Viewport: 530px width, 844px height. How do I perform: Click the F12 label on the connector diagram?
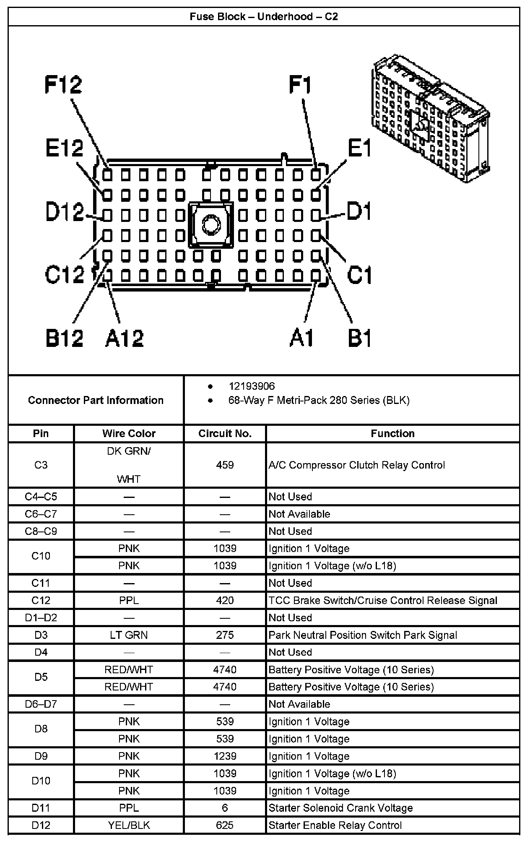tap(63, 85)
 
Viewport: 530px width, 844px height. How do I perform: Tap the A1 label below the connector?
tap(301, 338)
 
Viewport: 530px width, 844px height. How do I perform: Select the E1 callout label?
tap(359, 148)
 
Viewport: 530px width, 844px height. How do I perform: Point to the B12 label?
tap(64, 338)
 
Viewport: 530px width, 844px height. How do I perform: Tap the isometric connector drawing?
tap(430, 120)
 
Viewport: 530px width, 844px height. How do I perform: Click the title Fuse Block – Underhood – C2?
tap(264, 17)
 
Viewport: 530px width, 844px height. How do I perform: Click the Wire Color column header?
tap(129, 433)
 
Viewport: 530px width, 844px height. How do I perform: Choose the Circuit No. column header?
tap(225, 433)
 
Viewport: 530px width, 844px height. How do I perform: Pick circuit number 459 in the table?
tap(225, 465)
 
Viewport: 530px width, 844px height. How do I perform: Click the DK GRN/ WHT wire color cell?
tap(129, 465)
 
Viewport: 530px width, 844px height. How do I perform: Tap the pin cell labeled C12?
tap(41, 600)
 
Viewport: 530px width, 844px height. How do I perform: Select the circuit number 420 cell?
tap(225, 600)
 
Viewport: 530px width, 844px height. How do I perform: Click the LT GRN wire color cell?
tap(129, 635)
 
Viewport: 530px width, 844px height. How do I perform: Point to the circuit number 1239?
tap(225, 756)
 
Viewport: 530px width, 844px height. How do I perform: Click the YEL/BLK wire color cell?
tap(129, 825)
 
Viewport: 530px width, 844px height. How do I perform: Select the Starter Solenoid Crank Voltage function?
tap(340, 808)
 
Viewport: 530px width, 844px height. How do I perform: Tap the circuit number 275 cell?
tap(225, 635)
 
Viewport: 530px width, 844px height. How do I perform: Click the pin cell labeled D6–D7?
tap(41, 704)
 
